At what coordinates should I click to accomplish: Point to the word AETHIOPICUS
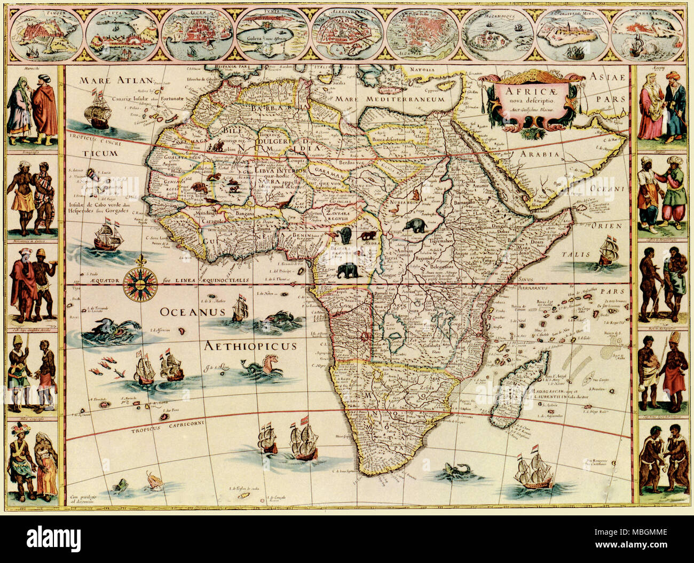click(250, 346)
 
